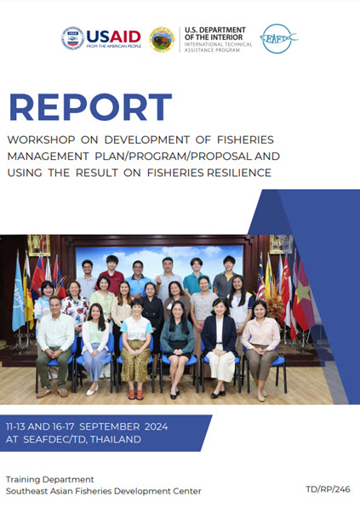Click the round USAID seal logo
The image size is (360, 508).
pyautogui.click(x=72, y=38)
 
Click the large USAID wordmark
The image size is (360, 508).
pyautogui.click(x=112, y=35)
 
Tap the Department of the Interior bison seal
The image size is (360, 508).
pyautogui.click(x=162, y=38)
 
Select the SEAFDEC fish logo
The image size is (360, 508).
pyautogui.click(x=279, y=38)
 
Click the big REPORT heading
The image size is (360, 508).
pyautogui.click(x=90, y=108)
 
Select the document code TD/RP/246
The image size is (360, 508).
pyautogui.click(x=327, y=490)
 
